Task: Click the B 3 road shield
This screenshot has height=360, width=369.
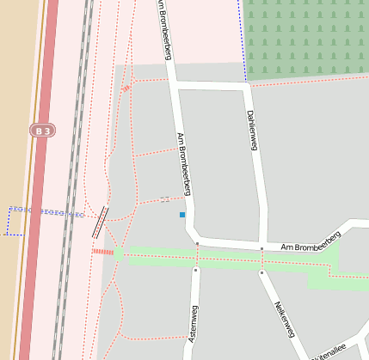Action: pyautogui.click(x=41, y=131)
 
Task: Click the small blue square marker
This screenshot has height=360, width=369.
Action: pyautogui.click(x=182, y=214)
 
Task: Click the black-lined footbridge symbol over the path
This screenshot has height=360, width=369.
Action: pyautogui.click(x=101, y=221)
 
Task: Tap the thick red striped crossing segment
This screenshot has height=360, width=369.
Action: pyautogui.click(x=103, y=252)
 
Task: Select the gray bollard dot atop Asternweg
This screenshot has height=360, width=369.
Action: pyautogui.click(x=196, y=270)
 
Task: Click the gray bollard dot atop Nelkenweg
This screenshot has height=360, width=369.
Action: pyautogui.click(x=261, y=272)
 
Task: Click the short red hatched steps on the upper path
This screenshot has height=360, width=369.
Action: pyautogui.click(x=126, y=88)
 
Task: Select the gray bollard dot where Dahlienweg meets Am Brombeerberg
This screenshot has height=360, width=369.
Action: pyautogui.click(x=261, y=249)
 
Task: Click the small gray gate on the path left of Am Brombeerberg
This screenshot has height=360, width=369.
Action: pyautogui.click(x=165, y=199)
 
